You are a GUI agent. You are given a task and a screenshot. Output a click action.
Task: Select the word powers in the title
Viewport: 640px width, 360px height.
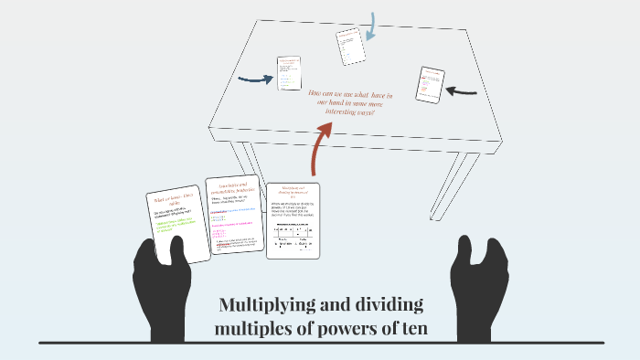(x=345, y=328)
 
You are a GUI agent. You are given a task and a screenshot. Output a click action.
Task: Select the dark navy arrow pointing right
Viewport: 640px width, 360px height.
(x=255, y=79)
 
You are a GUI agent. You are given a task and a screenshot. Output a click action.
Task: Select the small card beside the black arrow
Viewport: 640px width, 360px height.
(x=429, y=84)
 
